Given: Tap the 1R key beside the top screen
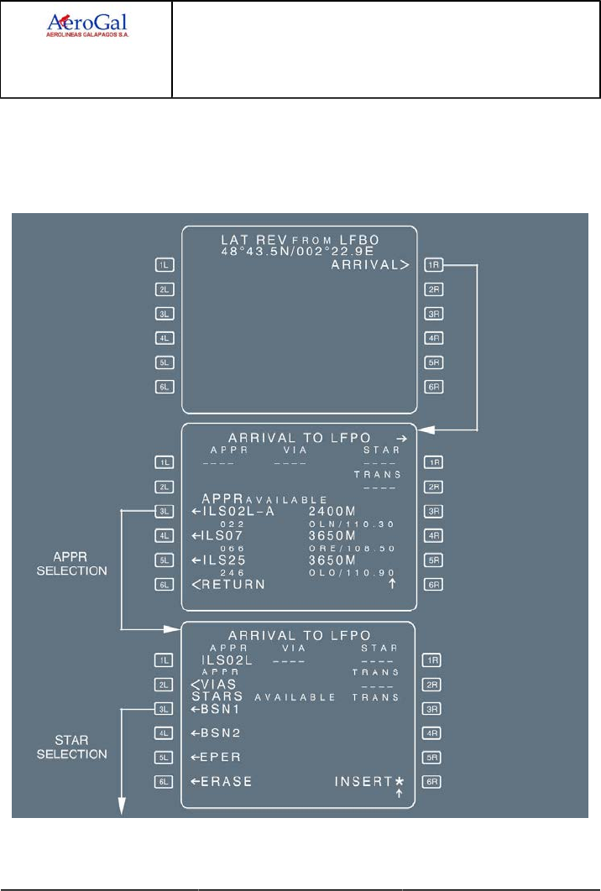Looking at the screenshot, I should pos(433,266).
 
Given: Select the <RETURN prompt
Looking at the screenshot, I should pos(227,584).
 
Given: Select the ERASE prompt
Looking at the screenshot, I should pos(221,782).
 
